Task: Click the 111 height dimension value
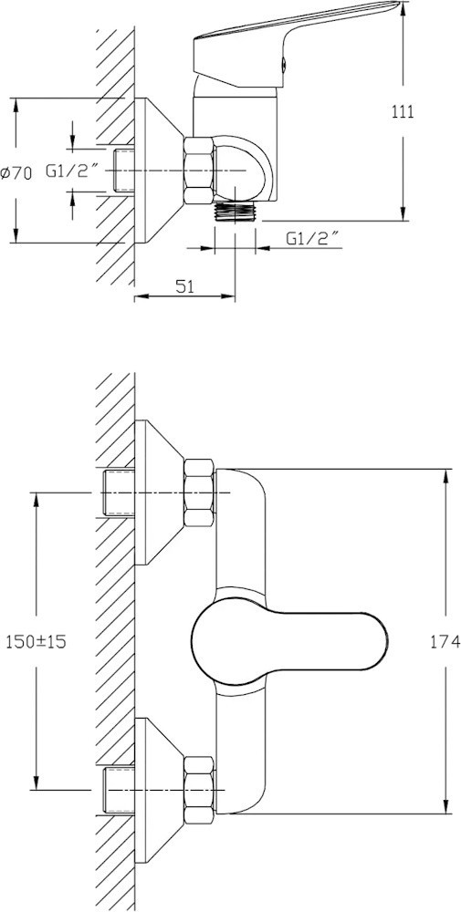tap(403, 111)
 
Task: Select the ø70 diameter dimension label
tap(16, 172)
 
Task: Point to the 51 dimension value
tap(184, 285)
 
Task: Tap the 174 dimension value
tap(445, 641)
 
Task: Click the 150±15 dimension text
tap(37, 641)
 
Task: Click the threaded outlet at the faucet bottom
tap(235, 212)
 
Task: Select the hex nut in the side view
tap(198, 171)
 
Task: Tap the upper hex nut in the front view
tap(198, 492)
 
